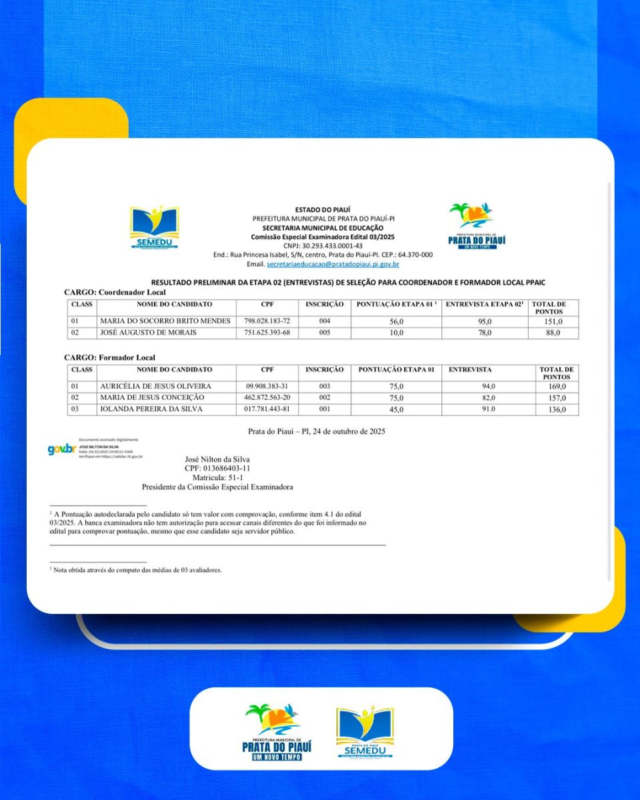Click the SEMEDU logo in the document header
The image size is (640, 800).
(x=154, y=227)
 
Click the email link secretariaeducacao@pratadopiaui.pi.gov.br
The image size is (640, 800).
(x=333, y=265)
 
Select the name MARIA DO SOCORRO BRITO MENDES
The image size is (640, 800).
(x=165, y=321)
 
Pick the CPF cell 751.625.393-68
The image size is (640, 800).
(x=267, y=333)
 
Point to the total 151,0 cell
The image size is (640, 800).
(x=553, y=321)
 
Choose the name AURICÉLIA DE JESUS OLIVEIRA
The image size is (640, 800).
(x=155, y=387)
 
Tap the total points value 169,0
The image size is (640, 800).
(x=557, y=387)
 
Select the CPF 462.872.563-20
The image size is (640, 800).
(x=267, y=398)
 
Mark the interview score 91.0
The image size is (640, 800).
(x=489, y=409)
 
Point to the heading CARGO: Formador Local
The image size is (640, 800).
(x=109, y=358)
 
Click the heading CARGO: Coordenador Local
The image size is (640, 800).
(x=115, y=292)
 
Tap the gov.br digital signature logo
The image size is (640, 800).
(x=61, y=449)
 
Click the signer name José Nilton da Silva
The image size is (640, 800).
(x=217, y=459)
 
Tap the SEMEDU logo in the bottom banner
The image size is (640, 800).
(x=365, y=733)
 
